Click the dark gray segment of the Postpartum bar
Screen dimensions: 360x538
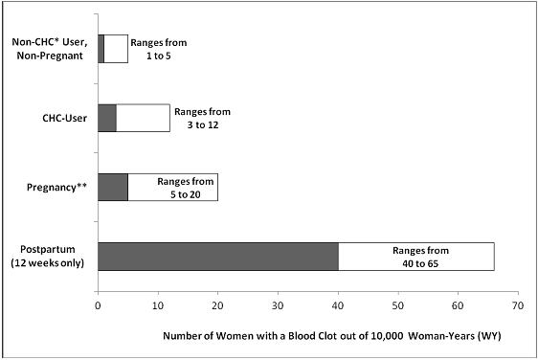coord(217,257)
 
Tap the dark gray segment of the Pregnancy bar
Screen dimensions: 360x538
coord(112,187)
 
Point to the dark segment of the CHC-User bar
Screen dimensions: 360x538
coord(106,118)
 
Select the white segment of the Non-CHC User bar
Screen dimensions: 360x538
coord(116,49)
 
